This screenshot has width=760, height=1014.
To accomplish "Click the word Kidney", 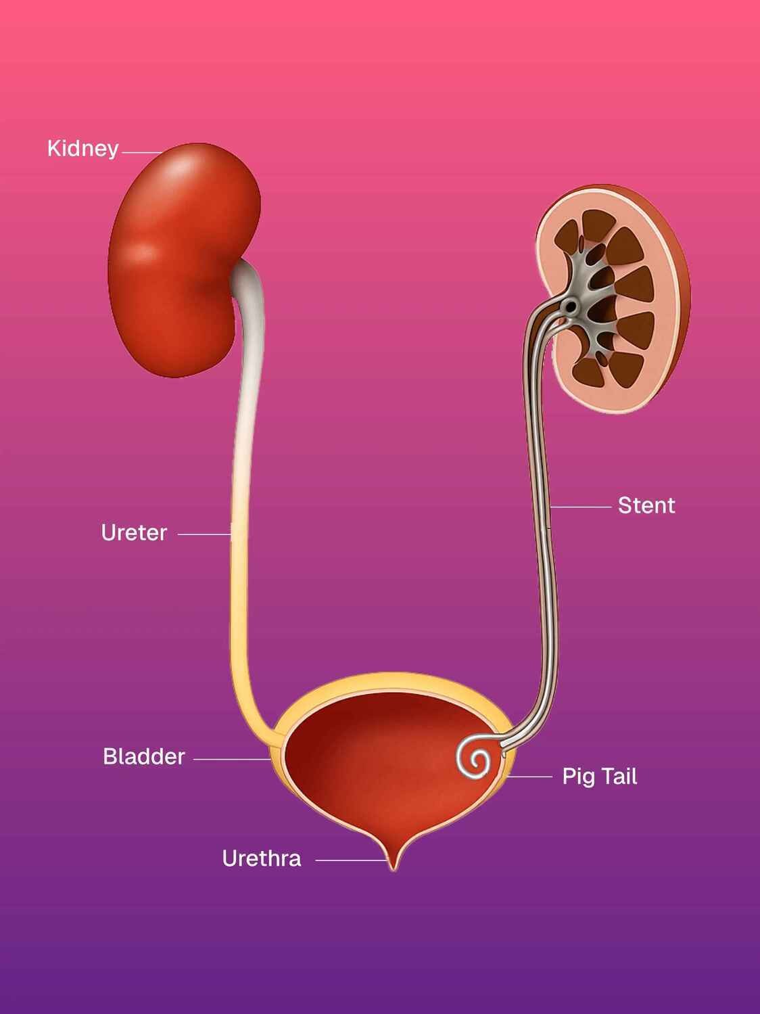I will (82, 149).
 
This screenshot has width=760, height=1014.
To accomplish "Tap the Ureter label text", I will (134, 533).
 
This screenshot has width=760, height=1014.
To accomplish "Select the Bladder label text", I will (143, 756).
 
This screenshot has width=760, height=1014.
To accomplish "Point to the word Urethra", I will (261, 859).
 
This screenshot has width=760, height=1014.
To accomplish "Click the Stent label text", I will (646, 505).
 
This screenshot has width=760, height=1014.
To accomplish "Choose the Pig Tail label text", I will (599, 777).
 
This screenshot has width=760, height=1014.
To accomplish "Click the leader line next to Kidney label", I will (141, 153).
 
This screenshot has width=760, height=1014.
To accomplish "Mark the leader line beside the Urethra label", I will (350, 860).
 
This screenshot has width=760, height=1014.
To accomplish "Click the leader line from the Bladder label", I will (232, 759).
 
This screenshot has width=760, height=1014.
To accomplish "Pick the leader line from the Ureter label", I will (204, 534).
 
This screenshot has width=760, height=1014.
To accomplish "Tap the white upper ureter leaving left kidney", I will (245, 325).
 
